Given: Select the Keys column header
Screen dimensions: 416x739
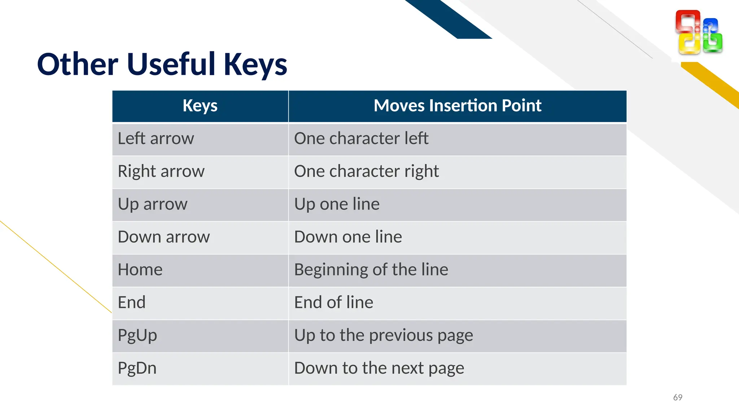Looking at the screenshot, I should point(200,106).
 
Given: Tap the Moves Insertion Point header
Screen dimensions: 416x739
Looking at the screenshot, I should point(457,106).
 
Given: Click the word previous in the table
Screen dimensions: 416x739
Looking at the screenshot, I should point(401,336).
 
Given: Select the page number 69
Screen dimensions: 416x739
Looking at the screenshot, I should point(678,398).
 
